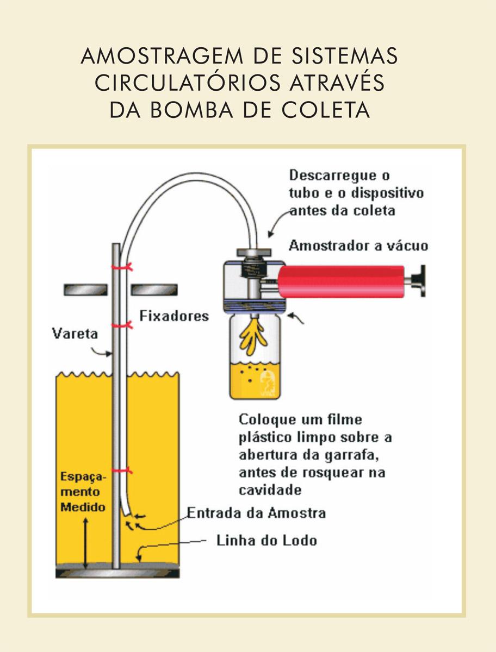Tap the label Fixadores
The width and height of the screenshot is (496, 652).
174,316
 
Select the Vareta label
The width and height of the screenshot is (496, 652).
75,334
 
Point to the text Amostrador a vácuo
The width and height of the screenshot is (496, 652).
358,246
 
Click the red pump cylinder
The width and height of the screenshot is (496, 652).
342,281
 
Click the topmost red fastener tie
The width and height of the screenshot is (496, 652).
122,267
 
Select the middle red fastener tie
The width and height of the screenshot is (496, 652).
122,325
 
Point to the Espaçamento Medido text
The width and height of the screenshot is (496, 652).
83,492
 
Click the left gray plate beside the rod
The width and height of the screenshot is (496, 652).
85,290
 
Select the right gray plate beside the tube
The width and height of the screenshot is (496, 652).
154,290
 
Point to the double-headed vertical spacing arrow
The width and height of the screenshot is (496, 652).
85,543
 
